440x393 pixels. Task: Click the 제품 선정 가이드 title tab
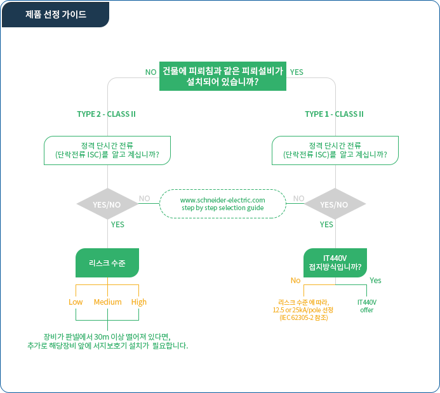(55, 15)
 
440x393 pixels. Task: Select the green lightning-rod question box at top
(223, 76)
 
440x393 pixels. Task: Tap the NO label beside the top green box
(150, 72)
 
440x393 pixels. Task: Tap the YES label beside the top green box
(297, 72)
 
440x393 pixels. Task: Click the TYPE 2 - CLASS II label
(107, 114)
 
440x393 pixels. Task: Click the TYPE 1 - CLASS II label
(334, 114)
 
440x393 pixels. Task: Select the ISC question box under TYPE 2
(107, 150)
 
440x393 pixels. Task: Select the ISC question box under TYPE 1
(335, 150)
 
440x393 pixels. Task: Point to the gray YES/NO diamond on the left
(107, 204)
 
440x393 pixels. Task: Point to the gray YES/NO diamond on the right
(335, 204)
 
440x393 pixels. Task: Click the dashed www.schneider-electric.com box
(223, 204)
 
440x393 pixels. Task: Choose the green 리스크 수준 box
(107, 263)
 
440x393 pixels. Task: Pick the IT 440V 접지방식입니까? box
(335, 263)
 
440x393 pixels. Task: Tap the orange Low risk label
(76, 302)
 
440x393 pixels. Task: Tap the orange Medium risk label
(107, 302)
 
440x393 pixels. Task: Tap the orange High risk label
(139, 302)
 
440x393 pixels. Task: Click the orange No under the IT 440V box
(295, 281)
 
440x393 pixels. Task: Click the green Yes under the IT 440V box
(375, 281)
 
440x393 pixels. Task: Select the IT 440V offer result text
(367, 306)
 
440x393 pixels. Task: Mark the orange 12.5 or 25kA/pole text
(303, 310)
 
